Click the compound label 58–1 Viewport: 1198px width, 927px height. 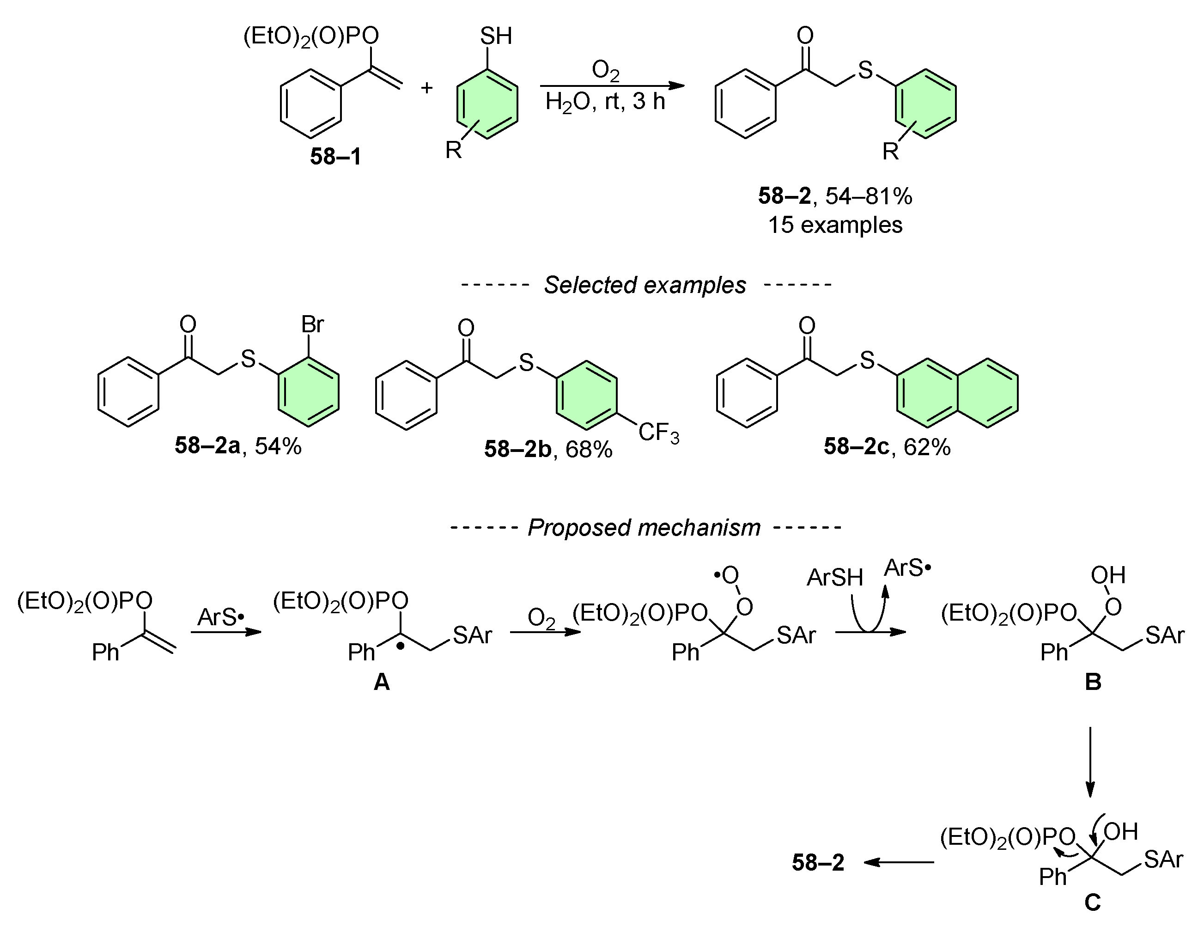coord(336,157)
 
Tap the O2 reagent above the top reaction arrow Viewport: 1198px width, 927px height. coord(605,70)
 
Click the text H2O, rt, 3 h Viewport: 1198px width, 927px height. coord(605,102)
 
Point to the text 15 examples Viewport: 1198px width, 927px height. coord(835,226)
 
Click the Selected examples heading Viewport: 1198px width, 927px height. coord(645,285)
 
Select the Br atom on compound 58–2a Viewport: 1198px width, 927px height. coord(312,325)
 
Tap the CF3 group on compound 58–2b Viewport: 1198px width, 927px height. coord(658,433)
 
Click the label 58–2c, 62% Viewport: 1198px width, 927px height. coord(887,447)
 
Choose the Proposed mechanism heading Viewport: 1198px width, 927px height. coord(644,528)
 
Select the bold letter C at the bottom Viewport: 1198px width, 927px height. coord(1092,903)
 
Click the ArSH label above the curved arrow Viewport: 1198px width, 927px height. coord(834,578)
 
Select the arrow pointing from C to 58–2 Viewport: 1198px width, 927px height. coord(899,863)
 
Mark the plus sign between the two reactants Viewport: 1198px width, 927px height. coord(427,88)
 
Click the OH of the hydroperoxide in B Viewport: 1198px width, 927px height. coord(1108,575)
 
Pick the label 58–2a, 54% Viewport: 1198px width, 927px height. coord(238,446)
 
